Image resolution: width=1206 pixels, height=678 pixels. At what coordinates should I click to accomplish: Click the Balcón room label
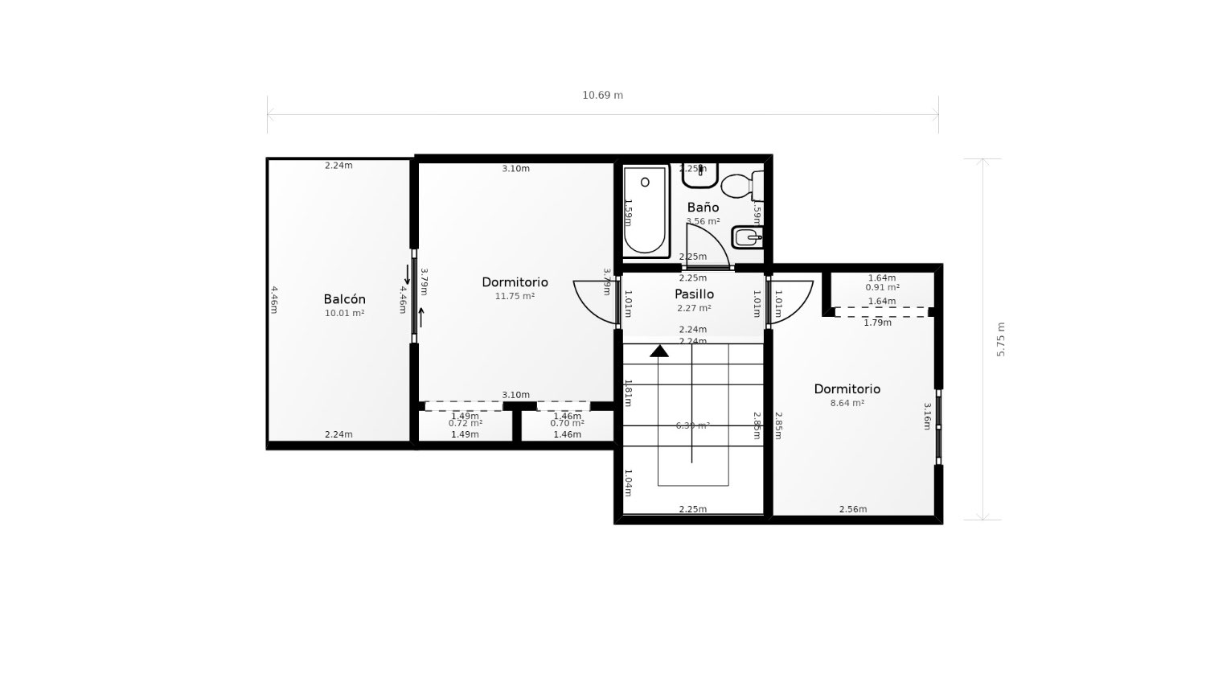coord(344,299)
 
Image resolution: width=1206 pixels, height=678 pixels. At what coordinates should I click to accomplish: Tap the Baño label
coord(703,208)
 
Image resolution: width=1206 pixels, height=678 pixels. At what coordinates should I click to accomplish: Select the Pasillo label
coord(694,294)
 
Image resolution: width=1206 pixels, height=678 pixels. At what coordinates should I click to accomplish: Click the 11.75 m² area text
coord(515,296)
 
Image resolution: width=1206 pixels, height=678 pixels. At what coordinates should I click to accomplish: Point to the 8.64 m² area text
coord(847,403)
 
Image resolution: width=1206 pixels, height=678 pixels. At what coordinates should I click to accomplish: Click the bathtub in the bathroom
coord(646,211)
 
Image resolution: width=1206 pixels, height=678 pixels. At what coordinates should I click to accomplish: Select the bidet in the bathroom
coord(747,238)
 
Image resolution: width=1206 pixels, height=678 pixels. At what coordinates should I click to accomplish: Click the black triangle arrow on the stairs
coord(659,351)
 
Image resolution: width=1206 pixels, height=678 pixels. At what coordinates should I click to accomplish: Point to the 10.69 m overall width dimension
coord(602,95)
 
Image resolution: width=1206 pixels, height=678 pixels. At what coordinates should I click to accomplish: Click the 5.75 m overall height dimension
coord(1001,339)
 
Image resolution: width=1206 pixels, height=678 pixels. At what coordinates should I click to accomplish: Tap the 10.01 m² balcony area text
coord(344,313)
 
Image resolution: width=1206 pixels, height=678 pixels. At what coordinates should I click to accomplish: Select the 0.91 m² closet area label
coord(882,287)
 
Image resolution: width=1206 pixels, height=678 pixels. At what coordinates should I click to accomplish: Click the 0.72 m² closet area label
coord(466,423)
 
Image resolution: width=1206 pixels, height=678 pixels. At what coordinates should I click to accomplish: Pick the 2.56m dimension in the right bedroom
coord(853,509)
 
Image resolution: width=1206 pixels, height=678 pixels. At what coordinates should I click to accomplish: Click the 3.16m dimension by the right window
coord(927,417)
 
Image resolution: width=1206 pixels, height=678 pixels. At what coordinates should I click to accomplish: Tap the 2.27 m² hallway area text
coord(694,308)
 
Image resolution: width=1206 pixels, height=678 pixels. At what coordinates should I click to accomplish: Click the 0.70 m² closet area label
coord(567,423)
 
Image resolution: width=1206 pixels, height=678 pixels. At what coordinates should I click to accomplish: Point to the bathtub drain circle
coord(645,183)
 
